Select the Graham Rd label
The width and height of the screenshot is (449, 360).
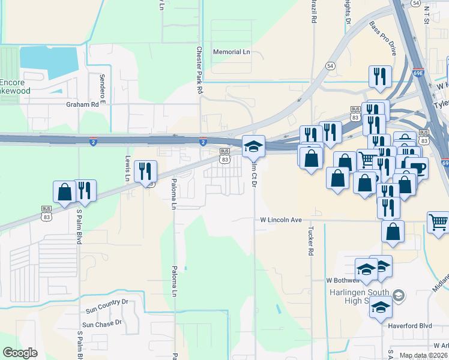pyautogui.click(x=82, y=104)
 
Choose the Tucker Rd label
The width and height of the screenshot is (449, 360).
pyautogui.click(x=311, y=242)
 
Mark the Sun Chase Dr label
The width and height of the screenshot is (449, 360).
pyautogui.click(x=102, y=324)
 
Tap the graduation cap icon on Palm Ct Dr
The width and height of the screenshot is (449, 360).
pyautogui.click(x=253, y=146)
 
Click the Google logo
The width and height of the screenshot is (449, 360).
pyautogui.click(x=20, y=353)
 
